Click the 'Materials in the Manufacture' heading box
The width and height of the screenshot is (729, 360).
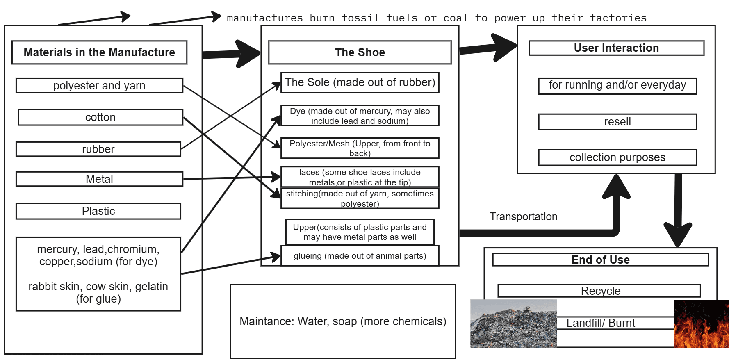click(x=99, y=52)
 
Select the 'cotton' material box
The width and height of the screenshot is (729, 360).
click(x=100, y=117)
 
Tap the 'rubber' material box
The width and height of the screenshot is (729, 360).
click(x=98, y=149)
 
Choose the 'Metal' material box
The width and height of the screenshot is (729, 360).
click(x=99, y=179)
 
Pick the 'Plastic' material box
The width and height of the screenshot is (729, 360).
click(x=98, y=211)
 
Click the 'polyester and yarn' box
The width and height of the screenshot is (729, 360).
click(x=99, y=86)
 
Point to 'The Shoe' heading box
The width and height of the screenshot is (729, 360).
click(x=360, y=52)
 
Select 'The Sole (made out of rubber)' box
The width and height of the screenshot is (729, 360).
click(x=360, y=82)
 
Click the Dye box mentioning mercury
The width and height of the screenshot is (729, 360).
click(x=360, y=116)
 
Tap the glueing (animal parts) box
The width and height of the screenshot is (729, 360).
click(x=360, y=256)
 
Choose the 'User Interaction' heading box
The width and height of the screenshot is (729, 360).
click(x=616, y=48)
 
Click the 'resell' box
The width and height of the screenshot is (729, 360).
click(x=617, y=122)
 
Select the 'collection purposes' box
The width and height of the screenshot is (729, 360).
click(x=617, y=157)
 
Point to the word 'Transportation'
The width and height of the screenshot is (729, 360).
click(x=523, y=216)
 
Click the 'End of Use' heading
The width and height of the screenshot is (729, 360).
click(x=600, y=260)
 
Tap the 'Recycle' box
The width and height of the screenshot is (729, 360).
click(x=600, y=291)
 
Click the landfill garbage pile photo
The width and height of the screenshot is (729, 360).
click(x=513, y=324)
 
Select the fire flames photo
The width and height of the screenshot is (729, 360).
click(x=701, y=324)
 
